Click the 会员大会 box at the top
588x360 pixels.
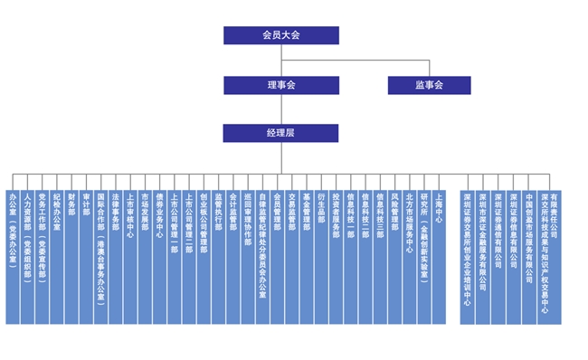click(281, 35)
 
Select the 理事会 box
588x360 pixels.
click(281, 85)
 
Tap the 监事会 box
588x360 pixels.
click(429, 85)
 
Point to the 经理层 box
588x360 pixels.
click(281, 133)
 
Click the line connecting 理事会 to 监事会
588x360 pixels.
click(362, 61)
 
